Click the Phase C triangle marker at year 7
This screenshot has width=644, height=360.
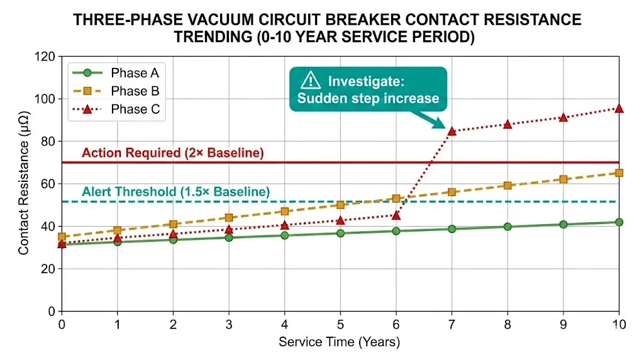(452, 131)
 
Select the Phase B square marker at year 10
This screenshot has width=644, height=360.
(619, 172)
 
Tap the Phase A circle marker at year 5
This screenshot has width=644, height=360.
(340, 233)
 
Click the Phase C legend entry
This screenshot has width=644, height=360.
(135, 110)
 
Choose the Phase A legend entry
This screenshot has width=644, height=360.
(135, 72)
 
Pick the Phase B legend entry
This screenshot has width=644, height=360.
(135, 91)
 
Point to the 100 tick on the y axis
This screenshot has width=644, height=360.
(45, 99)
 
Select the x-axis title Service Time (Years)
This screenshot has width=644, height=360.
(340, 343)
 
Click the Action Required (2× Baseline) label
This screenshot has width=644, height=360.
(173, 153)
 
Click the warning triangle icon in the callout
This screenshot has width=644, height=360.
(311, 80)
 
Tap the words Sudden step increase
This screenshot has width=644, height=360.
(368, 98)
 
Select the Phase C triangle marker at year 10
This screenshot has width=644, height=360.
(619, 108)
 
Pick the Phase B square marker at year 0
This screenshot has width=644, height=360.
(62, 237)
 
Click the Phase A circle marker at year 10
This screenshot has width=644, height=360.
(619, 222)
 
